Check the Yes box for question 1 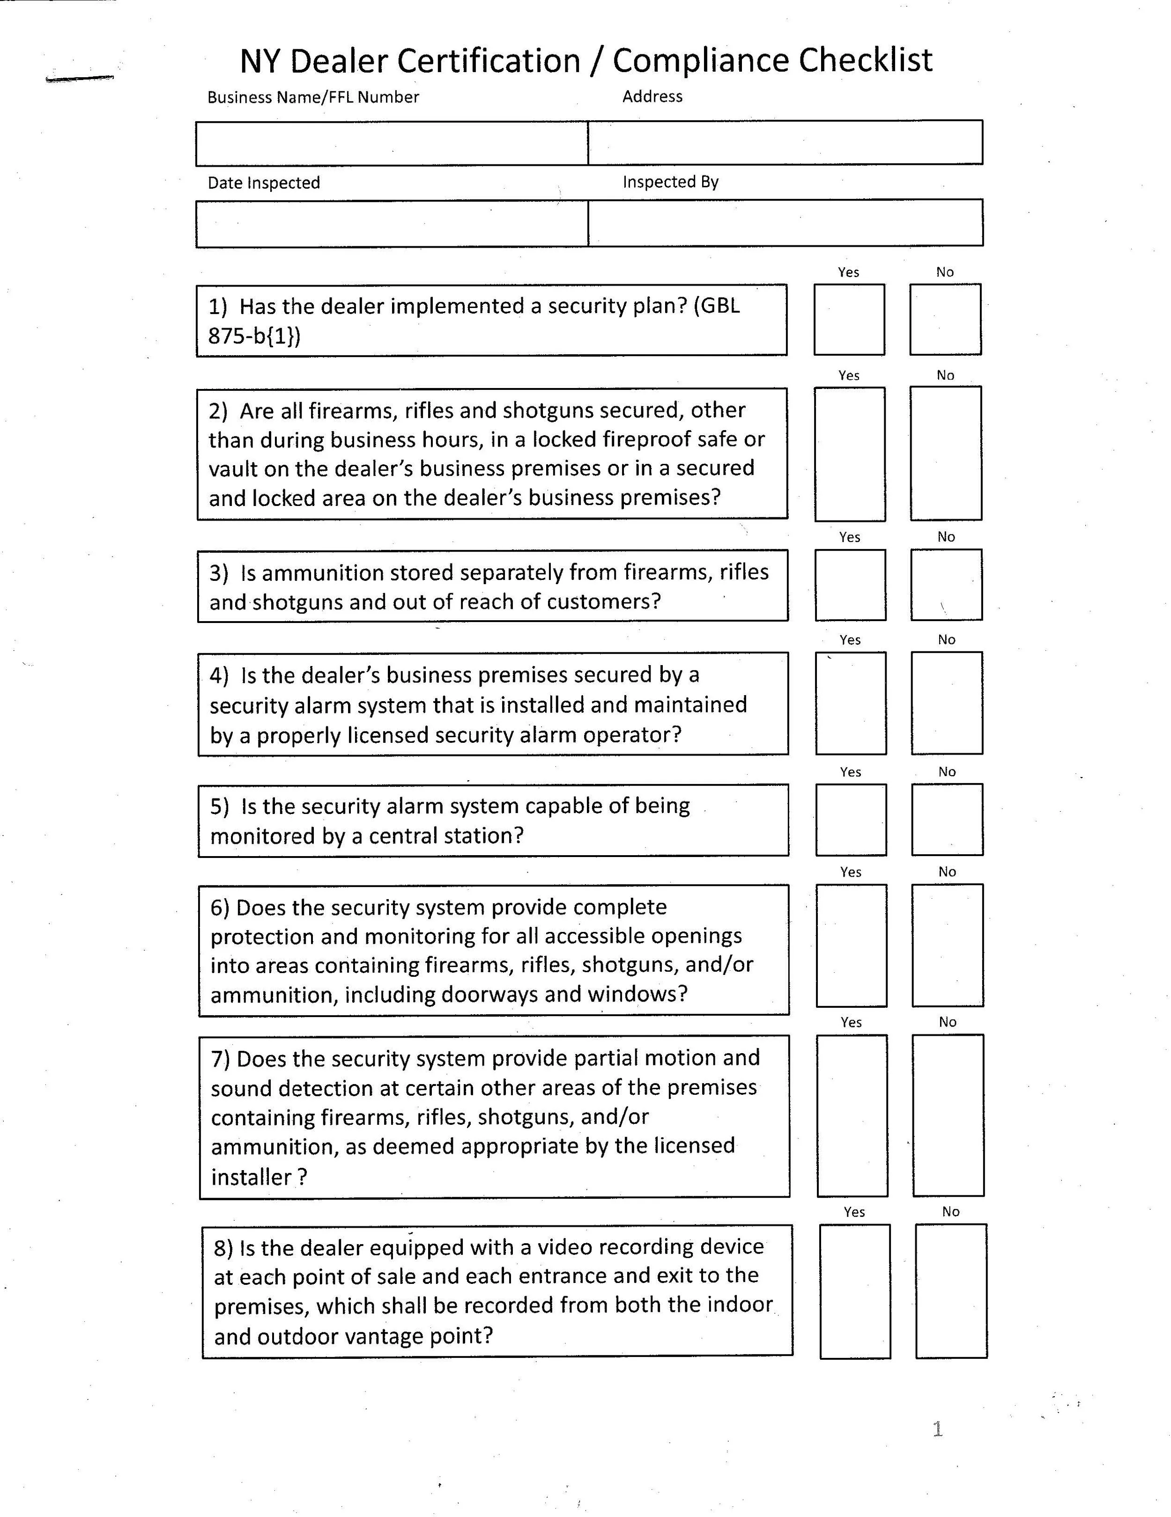click(x=849, y=320)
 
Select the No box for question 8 click(x=951, y=1290)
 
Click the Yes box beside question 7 click(x=852, y=1115)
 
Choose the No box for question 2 click(x=946, y=454)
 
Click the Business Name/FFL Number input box click(x=392, y=144)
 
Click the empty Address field click(x=786, y=142)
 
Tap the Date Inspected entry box click(x=392, y=224)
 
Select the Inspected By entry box click(x=786, y=223)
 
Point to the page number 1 click(x=937, y=1429)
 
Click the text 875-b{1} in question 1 click(x=254, y=336)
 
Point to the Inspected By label click(x=670, y=182)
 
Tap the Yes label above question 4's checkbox click(x=850, y=640)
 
